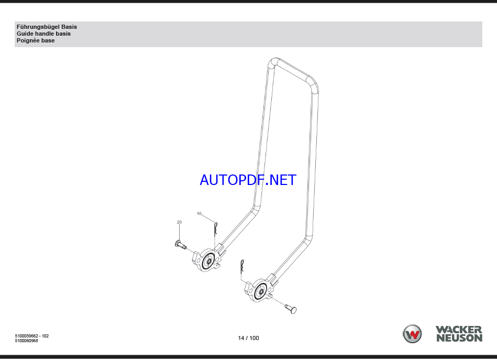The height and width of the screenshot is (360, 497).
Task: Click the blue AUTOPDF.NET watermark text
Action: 248,180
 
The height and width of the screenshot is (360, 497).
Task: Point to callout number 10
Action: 199,213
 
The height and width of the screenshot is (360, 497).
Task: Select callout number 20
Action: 179,222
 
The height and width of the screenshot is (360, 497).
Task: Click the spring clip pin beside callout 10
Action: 215,229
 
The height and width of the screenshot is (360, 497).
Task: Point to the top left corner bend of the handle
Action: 271,63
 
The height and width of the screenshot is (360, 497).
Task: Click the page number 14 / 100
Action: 248,338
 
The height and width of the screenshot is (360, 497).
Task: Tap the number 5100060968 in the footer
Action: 26,341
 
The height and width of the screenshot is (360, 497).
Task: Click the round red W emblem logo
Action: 412,334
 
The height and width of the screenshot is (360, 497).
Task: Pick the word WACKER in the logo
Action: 459,330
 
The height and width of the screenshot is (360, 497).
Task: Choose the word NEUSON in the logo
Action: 459,339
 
